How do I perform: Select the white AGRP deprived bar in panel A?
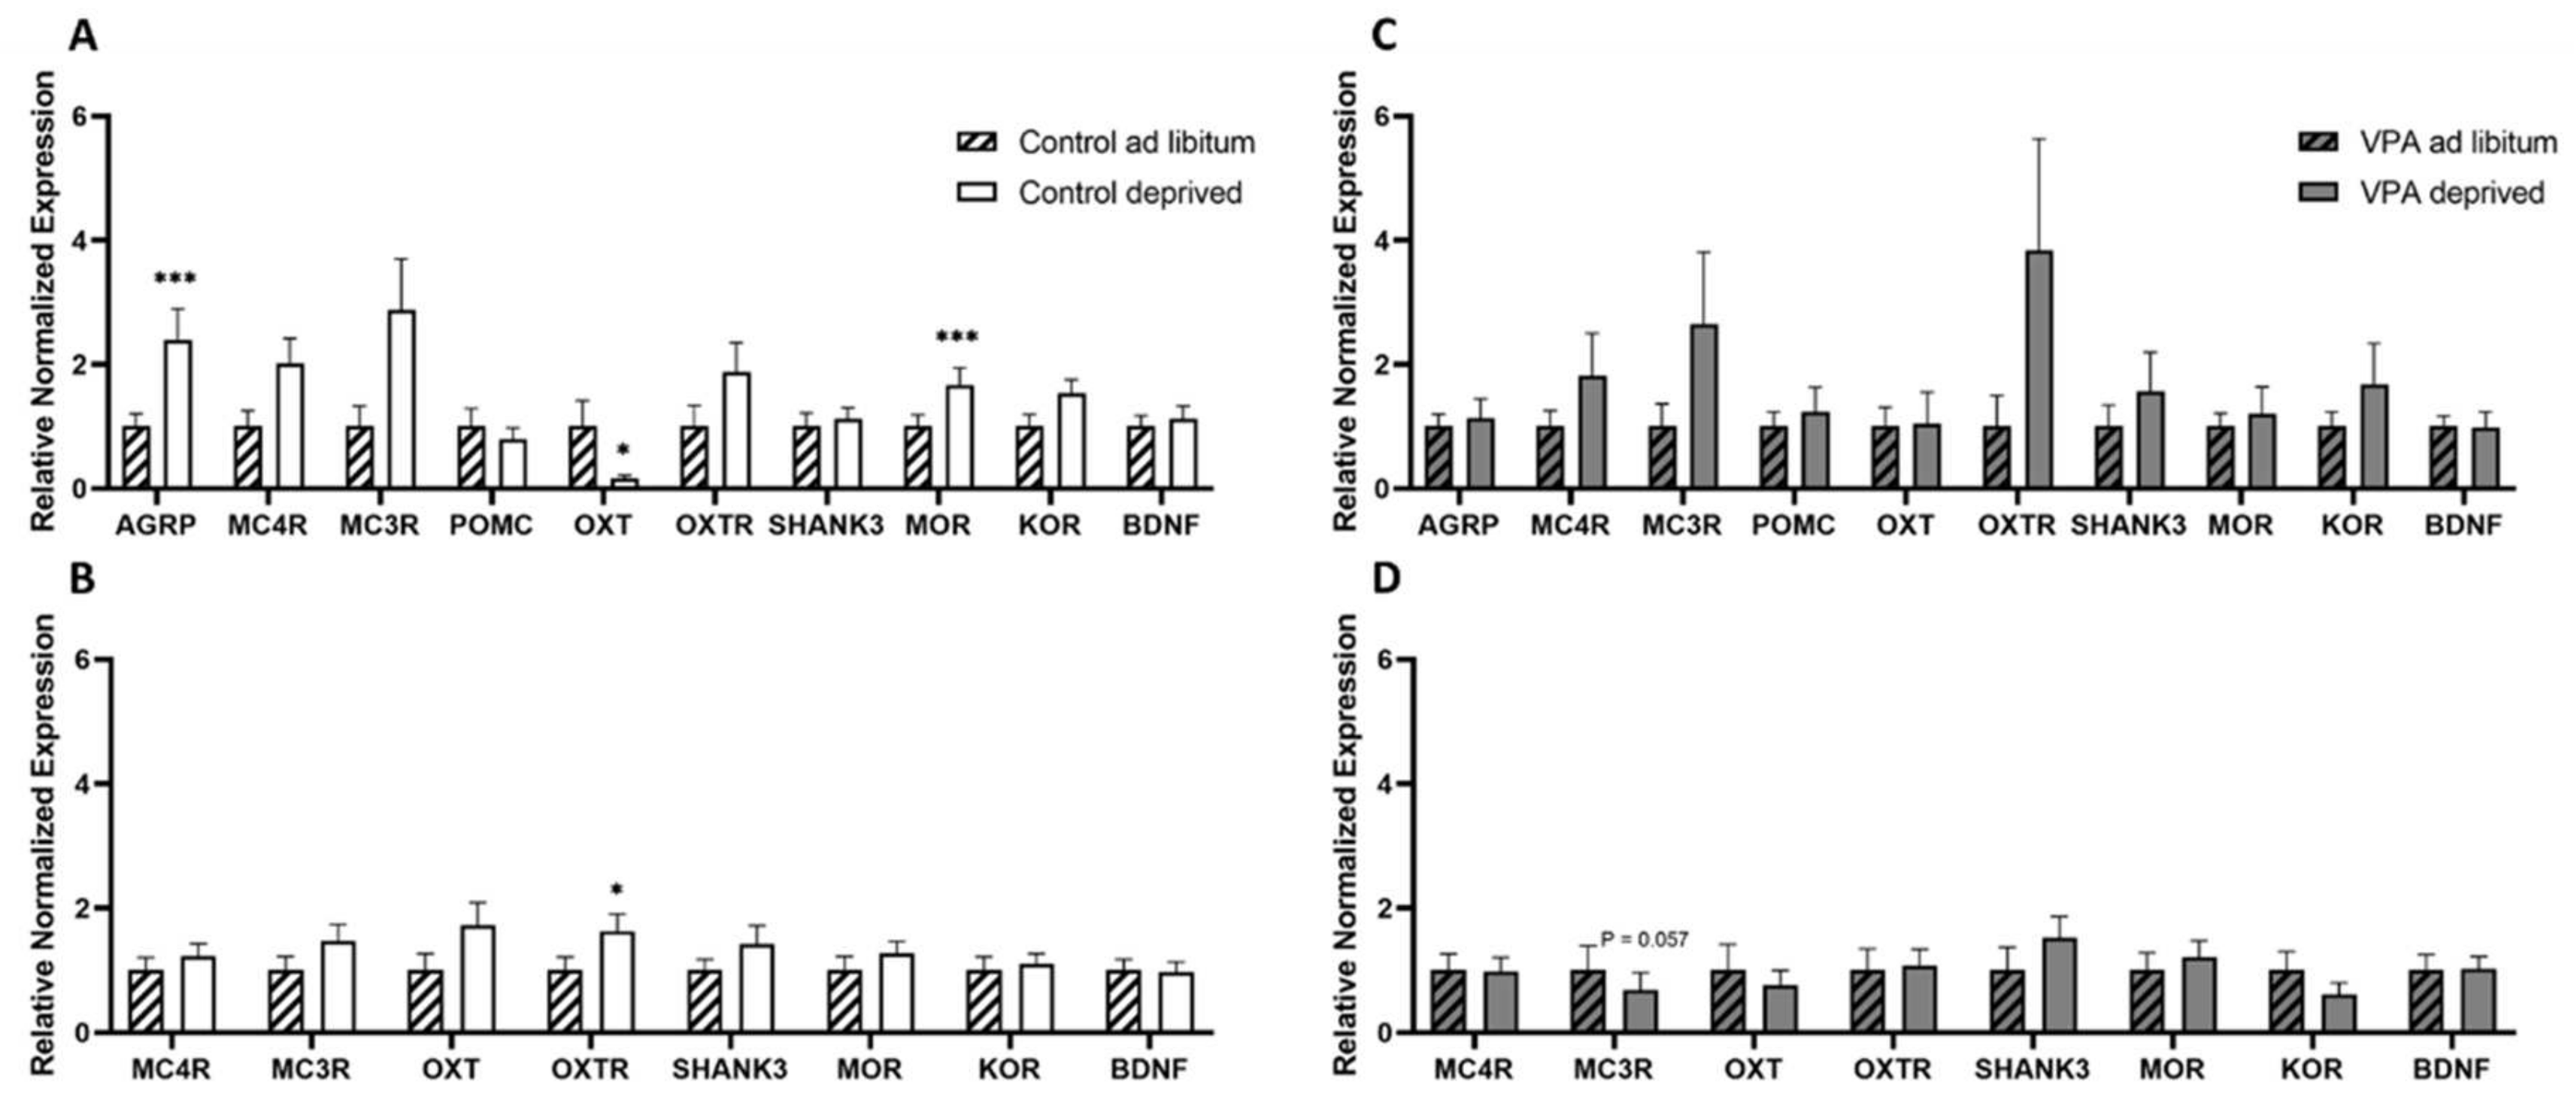coord(178,414)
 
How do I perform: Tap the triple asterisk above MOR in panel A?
coord(957,338)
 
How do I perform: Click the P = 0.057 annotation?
coord(1644,939)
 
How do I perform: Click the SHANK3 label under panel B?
coord(729,1069)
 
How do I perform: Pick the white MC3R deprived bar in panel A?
coord(402,400)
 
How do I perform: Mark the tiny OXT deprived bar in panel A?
coord(625,483)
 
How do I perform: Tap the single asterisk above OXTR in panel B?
coord(617,890)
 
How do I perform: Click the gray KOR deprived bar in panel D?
coord(2338,1012)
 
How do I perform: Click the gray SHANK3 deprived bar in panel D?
coord(2058,989)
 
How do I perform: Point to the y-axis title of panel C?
coord(1345,300)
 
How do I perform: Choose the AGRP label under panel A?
coord(155,526)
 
